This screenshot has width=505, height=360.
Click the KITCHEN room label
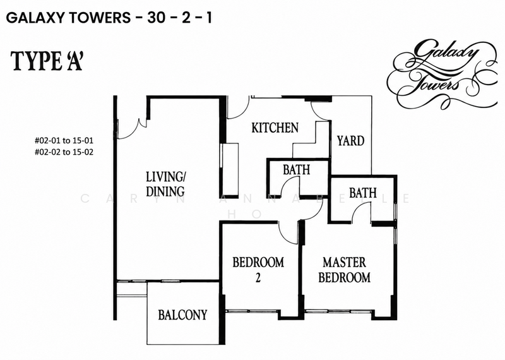point(275,128)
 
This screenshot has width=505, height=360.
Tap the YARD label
point(350,141)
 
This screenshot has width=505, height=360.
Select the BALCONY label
point(182,315)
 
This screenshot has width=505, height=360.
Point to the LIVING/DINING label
point(165,184)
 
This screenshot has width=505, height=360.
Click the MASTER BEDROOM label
point(344,270)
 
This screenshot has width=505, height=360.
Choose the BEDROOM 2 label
point(258,270)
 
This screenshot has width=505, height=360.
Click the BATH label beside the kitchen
point(296,170)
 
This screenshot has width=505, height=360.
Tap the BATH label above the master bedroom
point(362,193)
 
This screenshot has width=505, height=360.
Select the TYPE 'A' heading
point(47,61)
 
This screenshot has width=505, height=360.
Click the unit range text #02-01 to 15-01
point(64,140)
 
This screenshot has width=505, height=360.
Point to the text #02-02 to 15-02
point(64,152)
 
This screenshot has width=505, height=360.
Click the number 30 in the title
point(157,18)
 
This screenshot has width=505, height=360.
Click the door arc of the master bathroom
point(360,213)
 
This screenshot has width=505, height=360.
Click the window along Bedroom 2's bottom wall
point(252,311)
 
